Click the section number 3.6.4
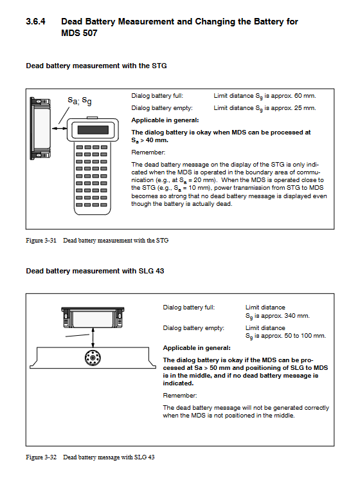coord(35,21)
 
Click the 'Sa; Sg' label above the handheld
coord(80,100)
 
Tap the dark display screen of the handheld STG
coord(93,130)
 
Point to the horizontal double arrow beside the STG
coord(59,128)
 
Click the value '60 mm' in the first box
coord(304,96)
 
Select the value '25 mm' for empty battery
coord(304,108)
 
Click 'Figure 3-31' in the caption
coord(41,241)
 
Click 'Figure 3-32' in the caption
coord(41,457)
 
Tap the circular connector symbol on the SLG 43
coord(93,358)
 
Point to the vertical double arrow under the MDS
coord(93,338)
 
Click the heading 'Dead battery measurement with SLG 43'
coord(95,271)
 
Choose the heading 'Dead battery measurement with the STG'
coord(96,66)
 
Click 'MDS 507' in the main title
coord(79,33)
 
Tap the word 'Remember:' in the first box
coord(148,152)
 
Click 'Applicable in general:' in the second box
coord(197,348)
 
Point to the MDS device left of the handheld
coord(40,128)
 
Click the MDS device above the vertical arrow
coord(93,317)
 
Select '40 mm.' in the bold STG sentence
coord(157,140)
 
